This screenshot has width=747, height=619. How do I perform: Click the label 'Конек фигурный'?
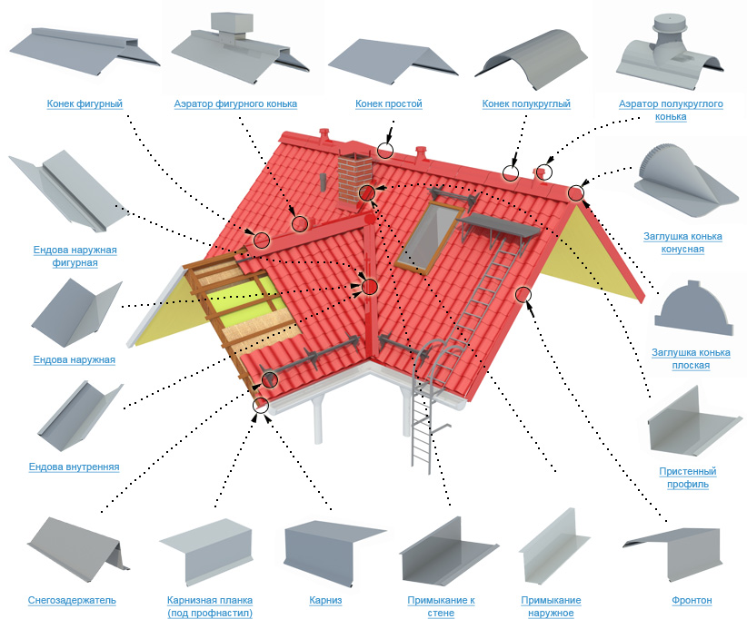coord(85,103)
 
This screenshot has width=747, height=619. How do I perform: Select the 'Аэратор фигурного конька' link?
coord(235,103)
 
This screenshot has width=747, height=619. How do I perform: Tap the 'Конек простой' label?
coord(389,103)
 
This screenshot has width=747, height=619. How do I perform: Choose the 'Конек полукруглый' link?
coord(526,103)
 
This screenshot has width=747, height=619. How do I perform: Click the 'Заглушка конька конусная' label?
coord(687,242)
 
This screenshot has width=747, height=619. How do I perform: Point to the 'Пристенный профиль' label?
coord(688,477)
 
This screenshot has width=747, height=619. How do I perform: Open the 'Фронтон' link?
coord(692,600)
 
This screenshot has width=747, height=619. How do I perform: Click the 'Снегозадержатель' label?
coord(72,600)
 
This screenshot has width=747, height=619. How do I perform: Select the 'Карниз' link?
coord(324,600)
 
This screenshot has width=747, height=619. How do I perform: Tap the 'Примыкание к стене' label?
coord(441,606)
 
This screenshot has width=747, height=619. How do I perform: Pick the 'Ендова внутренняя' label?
coord(74,467)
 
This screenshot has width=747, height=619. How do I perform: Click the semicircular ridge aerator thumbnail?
coord(671,50)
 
